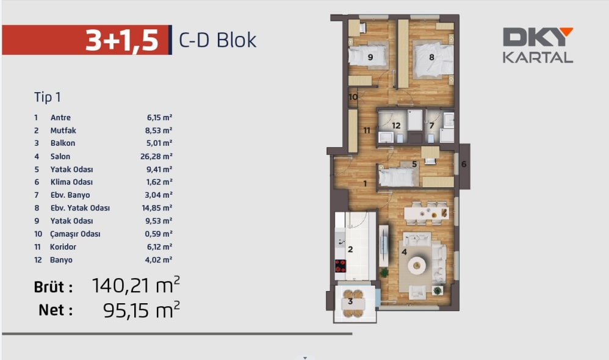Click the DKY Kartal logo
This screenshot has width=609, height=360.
(538, 45)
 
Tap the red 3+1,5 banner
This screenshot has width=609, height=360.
(86, 40)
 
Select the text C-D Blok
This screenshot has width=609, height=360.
(217, 40)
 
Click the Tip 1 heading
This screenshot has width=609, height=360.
(48, 96)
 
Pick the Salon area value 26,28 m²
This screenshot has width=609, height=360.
(156, 156)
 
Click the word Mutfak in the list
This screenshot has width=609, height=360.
(63, 131)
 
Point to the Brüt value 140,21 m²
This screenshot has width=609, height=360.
(136, 286)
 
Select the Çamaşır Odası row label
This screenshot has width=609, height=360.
(75, 234)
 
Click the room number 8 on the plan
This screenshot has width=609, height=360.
(431, 57)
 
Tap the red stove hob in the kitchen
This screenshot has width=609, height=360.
(341, 266)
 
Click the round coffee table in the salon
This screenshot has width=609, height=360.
(417, 265)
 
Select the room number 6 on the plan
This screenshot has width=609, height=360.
(464, 164)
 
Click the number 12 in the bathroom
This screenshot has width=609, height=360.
(396, 126)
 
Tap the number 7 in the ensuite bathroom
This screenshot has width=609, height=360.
(431, 126)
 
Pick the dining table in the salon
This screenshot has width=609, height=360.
(427, 213)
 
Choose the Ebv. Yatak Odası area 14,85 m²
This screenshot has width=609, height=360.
(157, 208)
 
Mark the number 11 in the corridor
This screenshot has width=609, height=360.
(367, 131)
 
